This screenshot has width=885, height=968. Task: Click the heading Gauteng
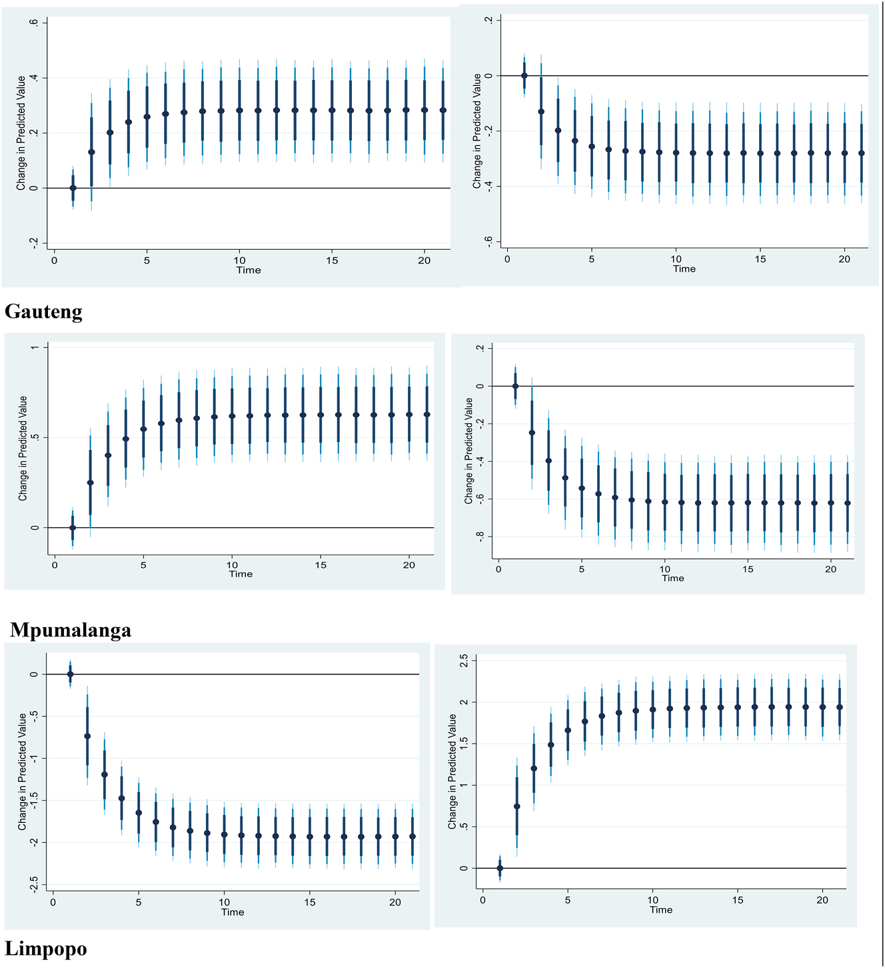tap(43, 312)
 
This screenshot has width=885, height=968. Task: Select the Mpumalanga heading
tap(71, 630)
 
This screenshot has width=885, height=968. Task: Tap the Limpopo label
tap(46, 948)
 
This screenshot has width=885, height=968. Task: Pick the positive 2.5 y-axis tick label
tap(464, 660)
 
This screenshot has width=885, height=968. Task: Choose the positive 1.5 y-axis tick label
tap(464, 744)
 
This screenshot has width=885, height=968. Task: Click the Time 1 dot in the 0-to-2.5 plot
tap(500, 868)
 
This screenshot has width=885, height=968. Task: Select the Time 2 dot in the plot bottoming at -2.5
tap(87, 736)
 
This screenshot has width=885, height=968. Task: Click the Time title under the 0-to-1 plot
tap(241, 574)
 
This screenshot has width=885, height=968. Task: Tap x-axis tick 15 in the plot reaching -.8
tap(748, 569)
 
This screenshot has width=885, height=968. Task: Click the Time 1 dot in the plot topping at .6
tap(73, 188)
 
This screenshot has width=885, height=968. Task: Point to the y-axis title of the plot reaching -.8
tap(469, 451)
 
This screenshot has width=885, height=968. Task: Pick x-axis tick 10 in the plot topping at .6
tap(240, 260)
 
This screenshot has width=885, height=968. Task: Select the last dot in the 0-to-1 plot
tap(427, 414)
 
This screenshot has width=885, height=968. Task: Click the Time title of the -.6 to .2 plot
tap(684, 269)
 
